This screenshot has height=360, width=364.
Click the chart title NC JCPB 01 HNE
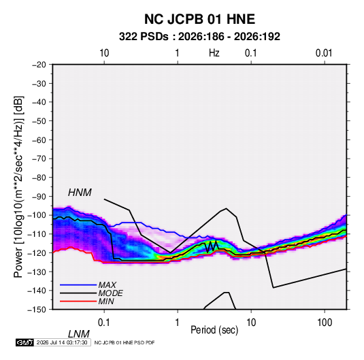(199, 19)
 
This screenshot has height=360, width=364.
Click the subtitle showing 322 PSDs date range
(199, 37)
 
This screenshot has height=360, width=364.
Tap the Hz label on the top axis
(214, 53)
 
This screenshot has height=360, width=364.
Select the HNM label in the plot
(80, 193)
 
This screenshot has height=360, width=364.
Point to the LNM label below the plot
(79, 334)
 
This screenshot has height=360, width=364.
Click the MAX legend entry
(107, 284)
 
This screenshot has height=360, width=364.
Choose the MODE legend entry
(110, 293)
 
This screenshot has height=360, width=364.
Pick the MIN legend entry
(106, 301)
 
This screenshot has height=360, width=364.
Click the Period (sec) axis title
(214, 330)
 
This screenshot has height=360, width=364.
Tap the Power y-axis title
(18, 187)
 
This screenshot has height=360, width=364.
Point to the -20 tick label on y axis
(39, 65)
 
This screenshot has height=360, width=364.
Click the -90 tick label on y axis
(39, 197)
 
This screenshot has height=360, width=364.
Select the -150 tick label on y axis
(37, 310)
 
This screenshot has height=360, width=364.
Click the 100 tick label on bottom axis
(325, 323)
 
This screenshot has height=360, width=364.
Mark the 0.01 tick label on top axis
(324, 53)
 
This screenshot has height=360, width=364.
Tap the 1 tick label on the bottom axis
(177, 323)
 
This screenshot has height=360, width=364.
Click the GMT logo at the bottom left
(25, 342)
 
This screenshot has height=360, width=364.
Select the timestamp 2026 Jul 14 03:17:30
(62, 342)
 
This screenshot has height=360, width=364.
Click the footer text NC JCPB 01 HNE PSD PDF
(125, 342)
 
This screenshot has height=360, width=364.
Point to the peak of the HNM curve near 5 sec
(227, 208)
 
